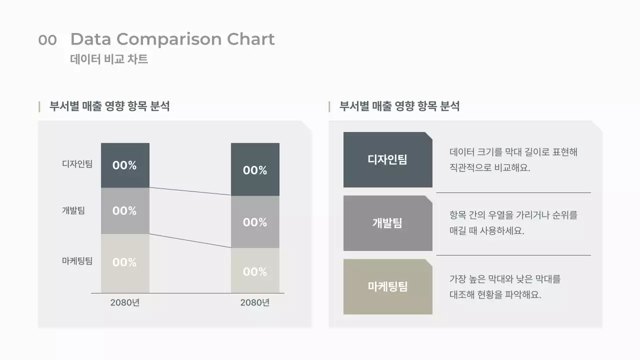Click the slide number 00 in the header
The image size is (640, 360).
47,40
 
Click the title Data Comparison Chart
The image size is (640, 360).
172,39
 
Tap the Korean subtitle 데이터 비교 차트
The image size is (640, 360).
109,59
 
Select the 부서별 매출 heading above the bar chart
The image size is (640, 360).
109,106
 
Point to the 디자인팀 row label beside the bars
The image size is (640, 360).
77,164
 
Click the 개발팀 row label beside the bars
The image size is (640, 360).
73,210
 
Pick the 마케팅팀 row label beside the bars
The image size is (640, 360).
77,261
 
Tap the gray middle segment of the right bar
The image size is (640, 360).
255,222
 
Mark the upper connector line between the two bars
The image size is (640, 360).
190,191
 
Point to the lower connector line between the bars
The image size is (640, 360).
190,240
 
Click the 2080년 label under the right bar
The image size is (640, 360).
254,302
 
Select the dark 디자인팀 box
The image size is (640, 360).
387,159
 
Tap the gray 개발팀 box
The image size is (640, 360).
387,223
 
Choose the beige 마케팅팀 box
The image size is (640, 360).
387,286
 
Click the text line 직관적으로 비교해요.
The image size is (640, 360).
489,167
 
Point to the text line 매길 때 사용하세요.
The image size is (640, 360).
486,231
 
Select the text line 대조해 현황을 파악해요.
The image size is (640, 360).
495,294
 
